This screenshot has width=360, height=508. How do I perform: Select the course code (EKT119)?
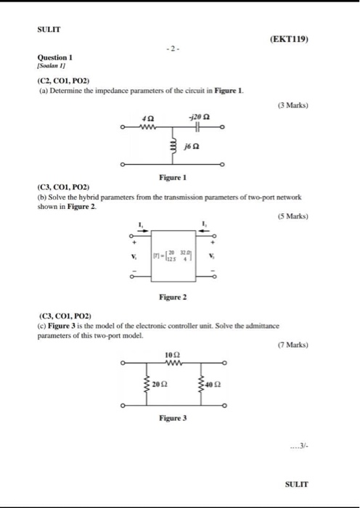coord(289,41)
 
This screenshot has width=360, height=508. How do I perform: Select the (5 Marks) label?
coord(292,216)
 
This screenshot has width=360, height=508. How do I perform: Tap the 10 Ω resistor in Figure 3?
coord(172,363)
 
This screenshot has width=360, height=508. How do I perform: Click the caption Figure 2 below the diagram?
coord(173,297)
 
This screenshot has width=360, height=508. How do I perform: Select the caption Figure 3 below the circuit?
coord(173,419)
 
